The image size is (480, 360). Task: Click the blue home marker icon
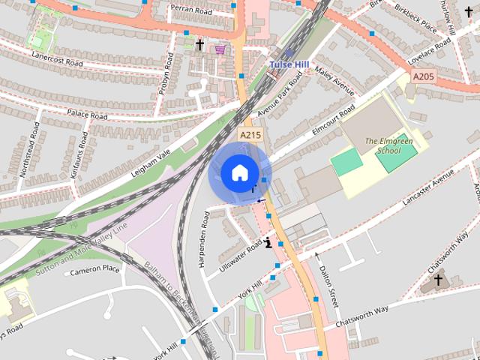(x=238, y=172)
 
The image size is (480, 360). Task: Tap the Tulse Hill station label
(x=289, y=65)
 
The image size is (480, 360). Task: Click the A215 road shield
(x=250, y=134)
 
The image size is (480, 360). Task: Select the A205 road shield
(x=422, y=76)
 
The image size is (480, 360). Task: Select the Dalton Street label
(x=329, y=287)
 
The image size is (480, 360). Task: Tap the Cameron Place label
(x=94, y=269)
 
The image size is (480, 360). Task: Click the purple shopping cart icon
(x=220, y=49)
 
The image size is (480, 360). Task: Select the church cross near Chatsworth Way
(x=438, y=281)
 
